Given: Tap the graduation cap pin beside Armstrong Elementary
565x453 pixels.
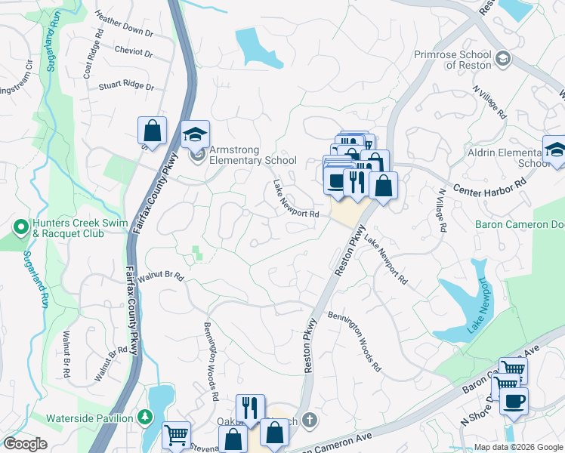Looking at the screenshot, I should pos(195,134).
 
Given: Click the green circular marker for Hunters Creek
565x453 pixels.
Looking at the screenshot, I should pos(20,225).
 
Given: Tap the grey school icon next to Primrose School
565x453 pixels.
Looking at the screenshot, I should pos(503,57).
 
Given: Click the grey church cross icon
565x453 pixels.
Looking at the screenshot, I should pos(308,419).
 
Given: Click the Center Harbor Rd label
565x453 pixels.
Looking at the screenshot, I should pos(489,184).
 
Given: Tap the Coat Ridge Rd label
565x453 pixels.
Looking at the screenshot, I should pos(93,54).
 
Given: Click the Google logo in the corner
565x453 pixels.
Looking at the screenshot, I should pos(25,444).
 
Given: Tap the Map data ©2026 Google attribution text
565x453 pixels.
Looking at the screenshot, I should pos(517,447).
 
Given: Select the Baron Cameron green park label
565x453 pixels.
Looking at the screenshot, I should pos(520,224).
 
